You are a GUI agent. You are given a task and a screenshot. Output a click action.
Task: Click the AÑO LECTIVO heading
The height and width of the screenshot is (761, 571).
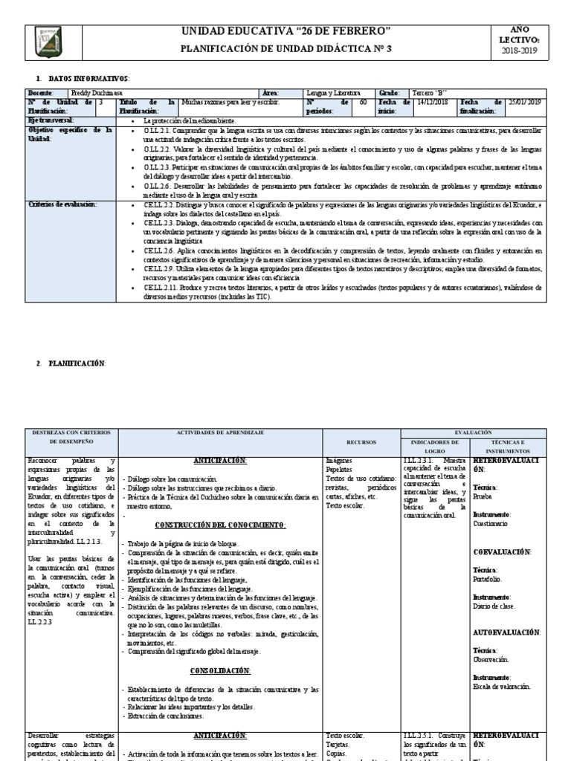(x=520, y=33)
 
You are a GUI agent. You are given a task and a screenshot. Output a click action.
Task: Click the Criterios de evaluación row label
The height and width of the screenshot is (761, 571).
(x=62, y=204)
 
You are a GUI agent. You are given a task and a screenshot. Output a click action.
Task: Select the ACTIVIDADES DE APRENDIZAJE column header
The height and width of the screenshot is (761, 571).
(x=220, y=432)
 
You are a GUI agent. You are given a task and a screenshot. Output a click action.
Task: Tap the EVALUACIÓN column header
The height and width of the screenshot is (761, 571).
(x=473, y=432)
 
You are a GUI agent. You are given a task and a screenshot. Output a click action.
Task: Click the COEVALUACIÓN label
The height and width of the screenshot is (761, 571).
(x=503, y=552)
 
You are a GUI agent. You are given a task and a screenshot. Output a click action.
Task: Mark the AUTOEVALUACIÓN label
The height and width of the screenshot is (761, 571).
(x=507, y=632)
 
